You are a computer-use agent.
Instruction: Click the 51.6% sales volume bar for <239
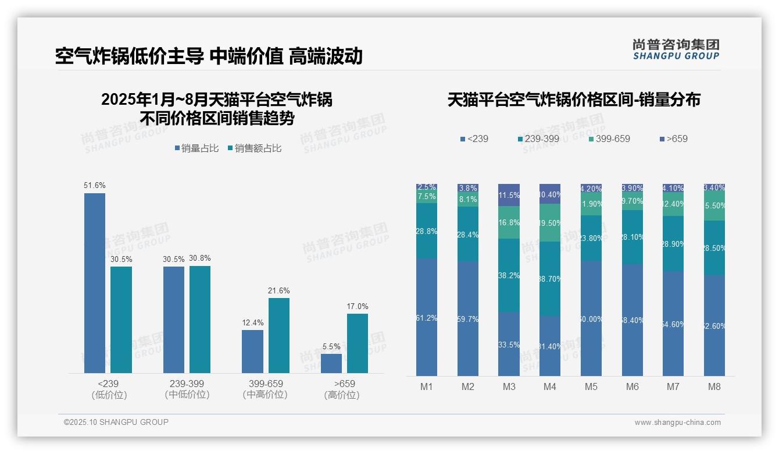pos(95,283)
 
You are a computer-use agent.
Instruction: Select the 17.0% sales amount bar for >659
pos(358,343)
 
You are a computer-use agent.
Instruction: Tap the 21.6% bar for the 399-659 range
pos(278,335)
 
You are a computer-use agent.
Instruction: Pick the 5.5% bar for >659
pos(331,363)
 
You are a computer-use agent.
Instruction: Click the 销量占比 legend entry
pos(196,148)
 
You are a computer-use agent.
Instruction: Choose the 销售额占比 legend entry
pos(255,148)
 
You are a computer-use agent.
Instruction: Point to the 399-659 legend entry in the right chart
pos(609,139)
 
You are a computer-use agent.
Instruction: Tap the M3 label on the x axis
pos(509,386)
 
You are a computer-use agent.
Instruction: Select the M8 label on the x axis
pos(714,386)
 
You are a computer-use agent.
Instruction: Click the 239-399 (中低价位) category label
pos(187,389)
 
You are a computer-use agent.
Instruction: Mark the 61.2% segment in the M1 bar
pos(427,317)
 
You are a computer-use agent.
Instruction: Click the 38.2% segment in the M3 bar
pos(509,275)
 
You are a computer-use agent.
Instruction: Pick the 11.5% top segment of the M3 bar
pos(509,195)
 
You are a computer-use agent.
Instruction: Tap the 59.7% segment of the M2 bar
pos(468,319)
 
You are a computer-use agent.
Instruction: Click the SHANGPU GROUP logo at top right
pos(676,49)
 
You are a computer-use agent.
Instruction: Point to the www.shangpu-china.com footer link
pos(677,423)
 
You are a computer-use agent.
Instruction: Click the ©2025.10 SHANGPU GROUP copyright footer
pos(116,423)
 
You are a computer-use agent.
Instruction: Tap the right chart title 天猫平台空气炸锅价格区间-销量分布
pos(574,100)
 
